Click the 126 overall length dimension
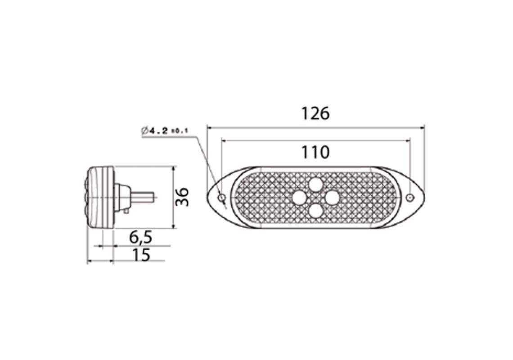(315, 113)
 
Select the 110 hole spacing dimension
(315, 153)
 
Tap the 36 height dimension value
(182, 197)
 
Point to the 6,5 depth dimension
(140, 237)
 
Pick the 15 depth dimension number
(141, 255)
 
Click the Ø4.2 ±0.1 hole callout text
(164, 131)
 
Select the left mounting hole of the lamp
(221, 198)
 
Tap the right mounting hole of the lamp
(409, 198)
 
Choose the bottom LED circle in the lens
(316, 210)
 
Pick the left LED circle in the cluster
(299, 197)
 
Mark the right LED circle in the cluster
(332, 197)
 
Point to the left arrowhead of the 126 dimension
(209, 127)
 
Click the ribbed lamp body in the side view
(100, 197)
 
